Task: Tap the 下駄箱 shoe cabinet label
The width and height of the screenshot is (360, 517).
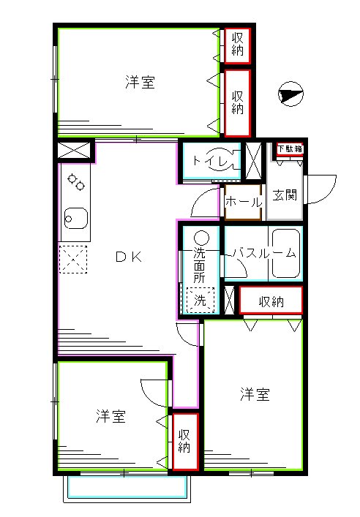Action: tap(290, 149)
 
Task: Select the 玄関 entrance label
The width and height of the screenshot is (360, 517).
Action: tap(284, 195)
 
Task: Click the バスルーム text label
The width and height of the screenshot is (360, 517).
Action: tap(263, 253)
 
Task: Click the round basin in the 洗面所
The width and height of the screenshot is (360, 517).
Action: tap(201, 237)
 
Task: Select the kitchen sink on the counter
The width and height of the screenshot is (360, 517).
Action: tap(75, 218)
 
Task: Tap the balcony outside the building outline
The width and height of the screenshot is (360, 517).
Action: tap(127, 488)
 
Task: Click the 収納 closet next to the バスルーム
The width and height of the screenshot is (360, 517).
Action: tap(271, 300)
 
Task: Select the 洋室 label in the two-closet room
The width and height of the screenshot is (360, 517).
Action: tap(139, 83)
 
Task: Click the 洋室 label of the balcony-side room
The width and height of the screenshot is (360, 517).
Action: tap(110, 417)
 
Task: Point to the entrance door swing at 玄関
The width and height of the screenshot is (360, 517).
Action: tap(320, 189)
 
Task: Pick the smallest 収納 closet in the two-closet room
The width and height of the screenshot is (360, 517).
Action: tap(238, 45)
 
